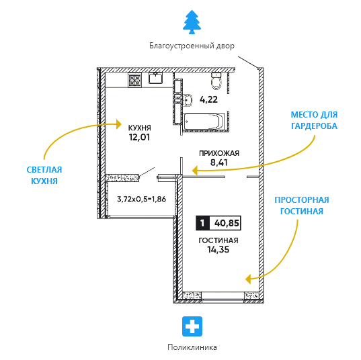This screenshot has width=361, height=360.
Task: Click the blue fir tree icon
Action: [x=192, y=22]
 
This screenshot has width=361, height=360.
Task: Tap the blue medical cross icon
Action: [x=192, y=326]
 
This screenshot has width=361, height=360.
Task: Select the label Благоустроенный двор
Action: [x=192, y=46]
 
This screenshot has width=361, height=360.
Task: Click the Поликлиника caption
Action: [x=192, y=347]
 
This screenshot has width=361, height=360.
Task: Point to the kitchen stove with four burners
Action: [x=134, y=81]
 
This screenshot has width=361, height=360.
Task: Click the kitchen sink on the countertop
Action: [x=156, y=78]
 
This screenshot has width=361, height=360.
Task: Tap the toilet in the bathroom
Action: [x=216, y=81]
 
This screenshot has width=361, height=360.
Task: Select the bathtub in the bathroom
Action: [x=204, y=122]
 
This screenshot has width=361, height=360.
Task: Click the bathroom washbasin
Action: [x=188, y=101]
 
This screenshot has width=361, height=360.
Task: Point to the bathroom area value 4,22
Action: [x=208, y=99]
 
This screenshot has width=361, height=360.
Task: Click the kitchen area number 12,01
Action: [x=139, y=137]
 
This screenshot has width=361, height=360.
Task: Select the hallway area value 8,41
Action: [x=218, y=163]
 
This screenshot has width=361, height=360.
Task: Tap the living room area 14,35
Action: [x=218, y=249]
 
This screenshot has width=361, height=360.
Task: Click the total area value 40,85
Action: [x=227, y=223]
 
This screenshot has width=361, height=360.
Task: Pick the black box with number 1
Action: [x=202, y=223]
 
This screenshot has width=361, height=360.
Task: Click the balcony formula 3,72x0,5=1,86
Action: [x=142, y=199]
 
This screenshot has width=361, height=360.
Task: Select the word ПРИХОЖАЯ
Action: [x=219, y=153]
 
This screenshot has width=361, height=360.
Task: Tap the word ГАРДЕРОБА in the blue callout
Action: [x=314, y=126]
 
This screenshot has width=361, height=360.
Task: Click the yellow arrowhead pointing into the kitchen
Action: [x=118, y=124]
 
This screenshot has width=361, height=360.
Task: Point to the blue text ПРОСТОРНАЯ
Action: [x=302, y=200]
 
